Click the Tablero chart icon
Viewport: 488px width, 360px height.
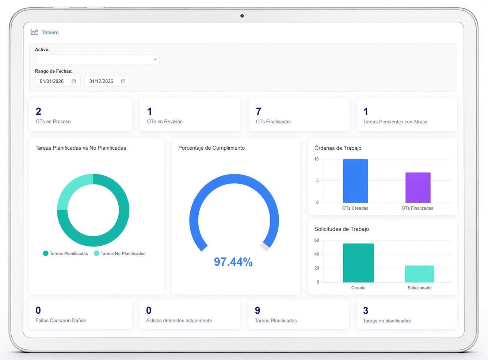pyautogui.click(x=34, y=32)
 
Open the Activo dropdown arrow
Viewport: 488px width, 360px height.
pyautogui.click(x=155, y=60)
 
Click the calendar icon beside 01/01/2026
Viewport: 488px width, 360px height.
pyautogui.click(x=74, y=81)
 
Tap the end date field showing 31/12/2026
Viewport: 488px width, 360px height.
pyautogui.click(x=101, y=81)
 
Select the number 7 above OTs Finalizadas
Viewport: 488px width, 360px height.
pyautogui.click(x=259, y=111)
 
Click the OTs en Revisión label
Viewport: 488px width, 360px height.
pyautogui.click(x=165, y=122)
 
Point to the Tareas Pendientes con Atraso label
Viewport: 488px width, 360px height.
pyautogui.click(x=395, y=122)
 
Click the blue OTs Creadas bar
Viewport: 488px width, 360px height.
pyautogui.click(x=355, y=181)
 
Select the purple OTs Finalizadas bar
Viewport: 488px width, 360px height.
pyautogui.click(x=418, y=188)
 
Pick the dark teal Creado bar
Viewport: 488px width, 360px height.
pyautogui.click(x=358, y=263)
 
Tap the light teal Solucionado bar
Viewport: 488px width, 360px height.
pyautogui.click(x=419, y=274)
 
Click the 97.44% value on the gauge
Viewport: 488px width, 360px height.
pyautogui.click(x=233, y=262)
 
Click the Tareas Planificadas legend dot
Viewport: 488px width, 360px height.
pyautogui.click(x=46, y=253)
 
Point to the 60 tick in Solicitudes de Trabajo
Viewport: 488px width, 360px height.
pyautogui.click(x=317, y=240)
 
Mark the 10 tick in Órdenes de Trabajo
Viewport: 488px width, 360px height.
pyautogui.click(x=316, y=159)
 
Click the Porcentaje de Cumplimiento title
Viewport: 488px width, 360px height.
pyautogui.click(x=211, y=148)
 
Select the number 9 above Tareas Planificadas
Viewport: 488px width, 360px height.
pyautogui.click(x=258, y=310)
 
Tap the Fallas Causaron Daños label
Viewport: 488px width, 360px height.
pyautogui.click(x=61, y=321)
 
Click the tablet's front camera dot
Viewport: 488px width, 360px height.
pyautogui.click(x=242, y=16)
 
